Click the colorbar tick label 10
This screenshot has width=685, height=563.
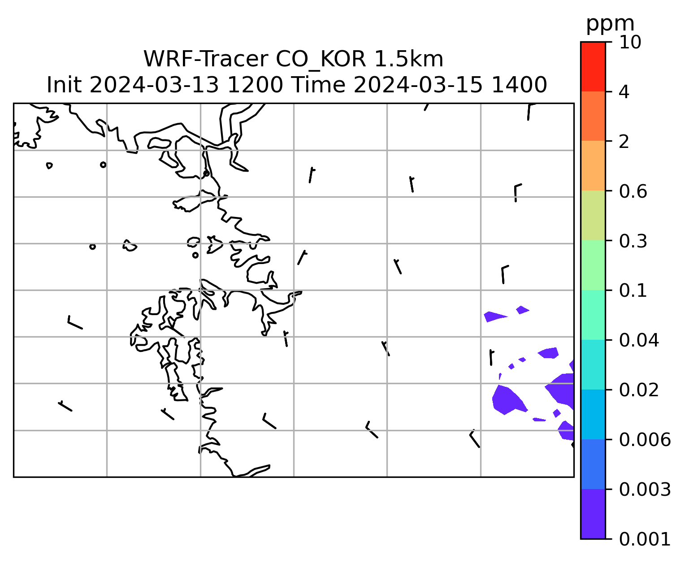(x=630, y=42)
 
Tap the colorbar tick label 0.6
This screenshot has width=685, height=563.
(x=633, y=191)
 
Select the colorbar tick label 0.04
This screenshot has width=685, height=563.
(x=638, y=340)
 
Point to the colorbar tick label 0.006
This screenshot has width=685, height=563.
(x=644, y=440)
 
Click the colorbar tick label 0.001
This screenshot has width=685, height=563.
(x=644, y=539)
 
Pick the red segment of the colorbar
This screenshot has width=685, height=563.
(x=593, y=66)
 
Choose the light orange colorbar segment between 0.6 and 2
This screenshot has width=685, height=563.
(x=593, y=165)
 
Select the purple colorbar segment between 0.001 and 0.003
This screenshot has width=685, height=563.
(x=593, y=514)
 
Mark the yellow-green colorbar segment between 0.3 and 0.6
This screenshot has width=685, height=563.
(x=593, y=215)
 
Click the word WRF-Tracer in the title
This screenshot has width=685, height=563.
(x=206, y=59)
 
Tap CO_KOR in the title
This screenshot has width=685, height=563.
(x=321, y=60)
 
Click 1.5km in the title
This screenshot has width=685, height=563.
(x=408, y=59)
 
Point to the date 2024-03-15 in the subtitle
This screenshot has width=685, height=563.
(x=417, y=85)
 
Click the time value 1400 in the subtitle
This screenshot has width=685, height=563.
(x=519, y=85)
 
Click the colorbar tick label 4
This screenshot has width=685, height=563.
(x=624, y=92)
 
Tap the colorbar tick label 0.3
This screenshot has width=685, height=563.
(x=633, y=241)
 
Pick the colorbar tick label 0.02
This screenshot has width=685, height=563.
(x=638, y=390)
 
